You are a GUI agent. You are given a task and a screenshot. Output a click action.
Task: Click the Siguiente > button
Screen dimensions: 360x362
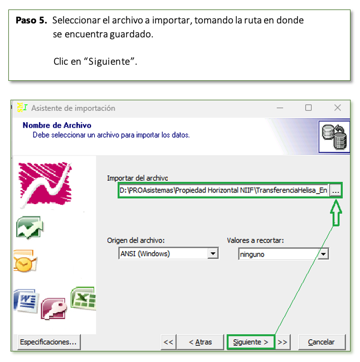tap(251, 342)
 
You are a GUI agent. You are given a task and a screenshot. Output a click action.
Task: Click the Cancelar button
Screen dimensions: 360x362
tap(322, 342)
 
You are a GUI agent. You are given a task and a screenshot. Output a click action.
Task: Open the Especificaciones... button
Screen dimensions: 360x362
tap(48, 342)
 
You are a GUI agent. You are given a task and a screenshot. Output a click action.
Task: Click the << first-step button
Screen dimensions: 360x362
tap(168, 342)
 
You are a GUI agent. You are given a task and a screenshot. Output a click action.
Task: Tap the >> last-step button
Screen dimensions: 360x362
tap(283, 342)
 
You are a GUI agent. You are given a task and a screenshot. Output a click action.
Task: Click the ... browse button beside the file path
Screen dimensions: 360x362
tap(335, 190)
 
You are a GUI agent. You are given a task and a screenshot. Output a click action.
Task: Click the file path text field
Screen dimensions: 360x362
tap(223, 190)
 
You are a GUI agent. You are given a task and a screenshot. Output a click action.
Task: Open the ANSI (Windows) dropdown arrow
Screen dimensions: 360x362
tap(213, 253)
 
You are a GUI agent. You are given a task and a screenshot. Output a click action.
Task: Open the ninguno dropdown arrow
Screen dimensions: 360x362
tap(323, 254)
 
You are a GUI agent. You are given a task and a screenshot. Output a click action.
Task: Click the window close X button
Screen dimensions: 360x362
tap(337, 108)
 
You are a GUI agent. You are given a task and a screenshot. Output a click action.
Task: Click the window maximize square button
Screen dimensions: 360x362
tap(308, 108)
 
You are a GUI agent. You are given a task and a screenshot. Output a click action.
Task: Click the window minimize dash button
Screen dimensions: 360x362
tap(280, 108)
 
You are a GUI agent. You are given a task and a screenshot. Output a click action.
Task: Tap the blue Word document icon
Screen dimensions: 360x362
tap(26, 300)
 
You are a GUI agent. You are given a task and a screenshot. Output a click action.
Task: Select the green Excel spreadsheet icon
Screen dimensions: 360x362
tap(84, 298)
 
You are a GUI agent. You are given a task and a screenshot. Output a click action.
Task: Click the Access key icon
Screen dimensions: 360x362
tap(53, 309)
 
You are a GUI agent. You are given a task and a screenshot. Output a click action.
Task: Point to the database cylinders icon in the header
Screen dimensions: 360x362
tap(334, 137)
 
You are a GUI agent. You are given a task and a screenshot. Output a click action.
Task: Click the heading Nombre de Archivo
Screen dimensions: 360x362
tap(57, 125)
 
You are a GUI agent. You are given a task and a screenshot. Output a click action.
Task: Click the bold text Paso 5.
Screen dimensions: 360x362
tap(31, 20)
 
